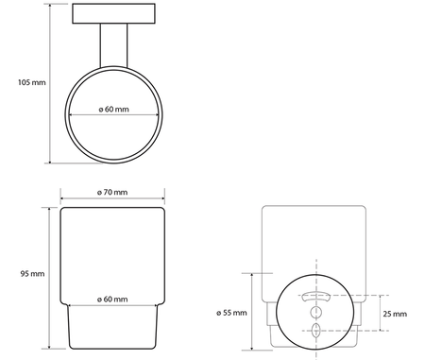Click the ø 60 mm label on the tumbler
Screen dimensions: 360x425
click(113, 300)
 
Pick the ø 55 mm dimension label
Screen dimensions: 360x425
click(231, 312)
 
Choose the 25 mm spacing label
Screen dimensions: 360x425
click(395, 313)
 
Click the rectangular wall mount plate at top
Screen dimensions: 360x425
click(113, 15)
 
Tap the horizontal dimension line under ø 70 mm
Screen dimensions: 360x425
click(113, 200)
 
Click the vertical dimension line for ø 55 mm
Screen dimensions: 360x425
click(252, 312)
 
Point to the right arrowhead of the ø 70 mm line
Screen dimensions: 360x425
click(162, 200)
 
